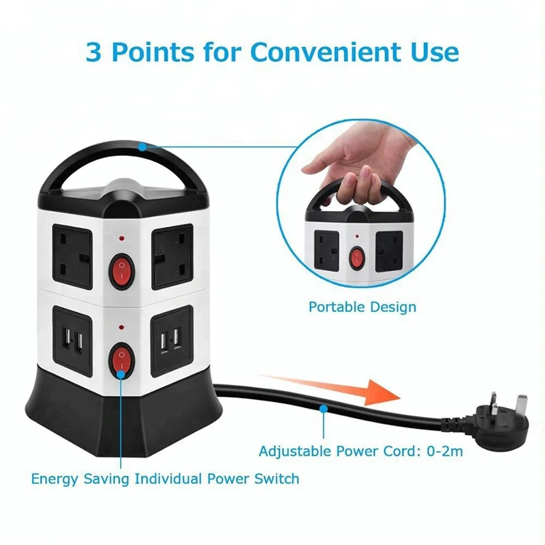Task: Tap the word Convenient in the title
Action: click(324, 52)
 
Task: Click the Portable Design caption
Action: click(362, 307)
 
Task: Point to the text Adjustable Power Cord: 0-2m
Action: click(362, 451)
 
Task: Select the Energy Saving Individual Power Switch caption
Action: click(166, 478)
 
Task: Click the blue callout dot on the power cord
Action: click(323, 409)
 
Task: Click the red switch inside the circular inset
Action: click(357, 258)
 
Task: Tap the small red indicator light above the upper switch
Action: click(121, 240)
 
